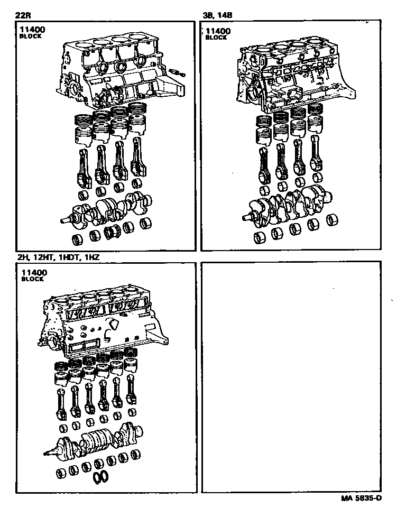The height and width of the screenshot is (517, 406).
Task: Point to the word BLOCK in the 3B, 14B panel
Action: (216, 38)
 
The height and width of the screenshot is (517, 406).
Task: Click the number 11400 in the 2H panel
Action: (34, 272)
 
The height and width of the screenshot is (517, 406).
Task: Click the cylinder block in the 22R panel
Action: (122, 74)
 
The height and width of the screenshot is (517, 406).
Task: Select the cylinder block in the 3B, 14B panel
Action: (296, 74)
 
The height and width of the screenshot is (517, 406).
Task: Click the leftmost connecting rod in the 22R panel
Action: (84, 167)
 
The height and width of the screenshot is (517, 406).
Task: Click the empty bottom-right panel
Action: (290, 375)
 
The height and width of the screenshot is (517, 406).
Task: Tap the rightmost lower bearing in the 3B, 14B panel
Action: (333, 219)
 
